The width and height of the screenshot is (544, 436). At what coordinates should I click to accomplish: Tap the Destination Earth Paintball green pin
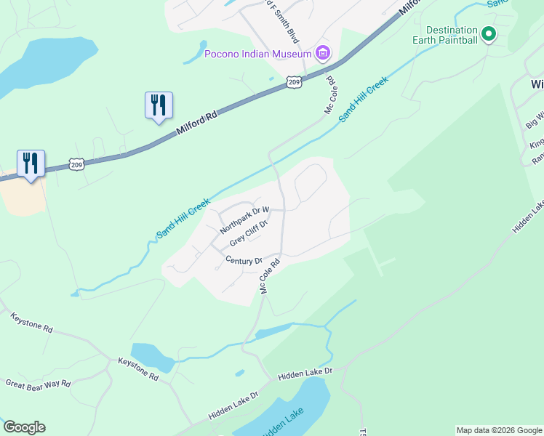coord(489,33)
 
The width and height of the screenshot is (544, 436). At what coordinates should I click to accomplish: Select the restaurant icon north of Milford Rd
coord(158,105)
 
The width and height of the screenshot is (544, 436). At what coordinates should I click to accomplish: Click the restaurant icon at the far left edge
coord(31,162)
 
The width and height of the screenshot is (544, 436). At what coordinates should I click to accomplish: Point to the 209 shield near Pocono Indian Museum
coord(293,82)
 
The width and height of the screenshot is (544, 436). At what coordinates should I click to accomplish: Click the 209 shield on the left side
coord(76,165)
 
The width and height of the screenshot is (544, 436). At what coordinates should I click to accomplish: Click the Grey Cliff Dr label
coord(249,233)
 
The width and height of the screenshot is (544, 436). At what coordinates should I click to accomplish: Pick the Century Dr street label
coord(244,260)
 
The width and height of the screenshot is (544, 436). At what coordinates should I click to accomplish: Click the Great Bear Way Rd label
coord(38,384)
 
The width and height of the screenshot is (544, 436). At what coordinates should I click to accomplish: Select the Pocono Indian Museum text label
coord(258,53)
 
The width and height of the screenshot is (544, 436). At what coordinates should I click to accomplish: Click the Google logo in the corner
coord(24,427)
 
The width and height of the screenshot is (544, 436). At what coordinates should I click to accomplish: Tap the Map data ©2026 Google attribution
coord(499,430)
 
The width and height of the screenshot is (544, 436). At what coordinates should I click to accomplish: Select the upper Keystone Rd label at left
coord(32,323)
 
